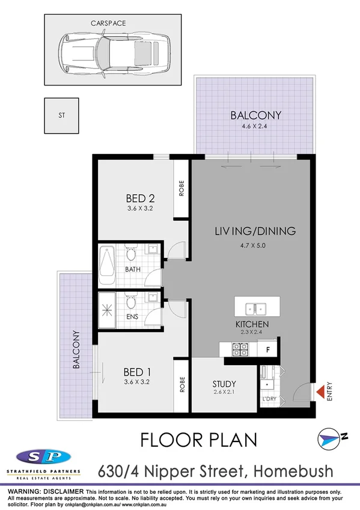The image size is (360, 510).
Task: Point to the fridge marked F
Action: [x=267, y=348]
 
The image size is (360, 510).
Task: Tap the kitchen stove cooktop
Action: [x=241, y=348]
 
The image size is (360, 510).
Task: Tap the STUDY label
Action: [x=224, y=384]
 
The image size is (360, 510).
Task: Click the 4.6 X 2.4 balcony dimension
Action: [x=256, y=126]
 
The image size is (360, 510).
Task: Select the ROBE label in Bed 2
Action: [x=182, y=189]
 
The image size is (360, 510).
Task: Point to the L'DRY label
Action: [x=268, y=399]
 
